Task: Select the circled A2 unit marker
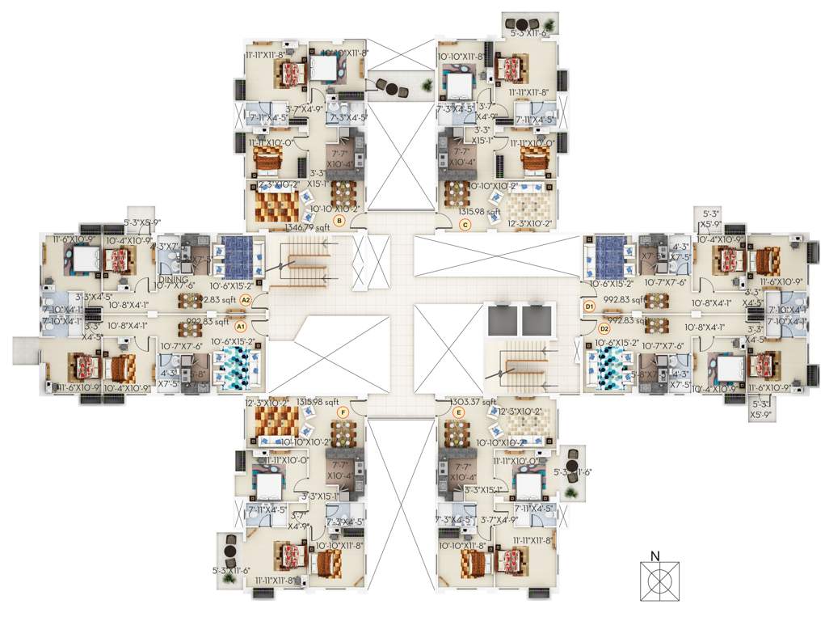pos(246,300)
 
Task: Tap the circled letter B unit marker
pos(339,220)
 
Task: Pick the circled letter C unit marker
pos(465,226)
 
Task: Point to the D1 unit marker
pos(589,306)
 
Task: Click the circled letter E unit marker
pos(460,412)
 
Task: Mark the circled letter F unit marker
pos(343,412)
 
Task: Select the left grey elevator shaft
pos(500,321)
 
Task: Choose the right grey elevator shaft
pos(536,321)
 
